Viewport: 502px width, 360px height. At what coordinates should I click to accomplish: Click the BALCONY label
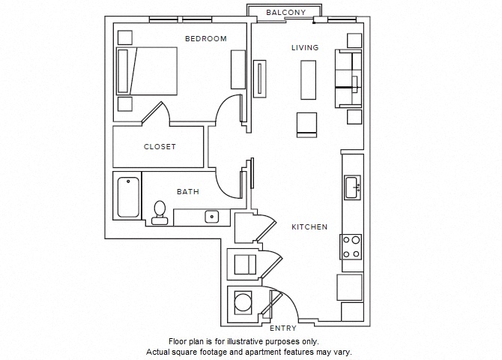(285, 12)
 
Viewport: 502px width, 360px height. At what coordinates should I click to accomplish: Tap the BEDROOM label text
(205, 39)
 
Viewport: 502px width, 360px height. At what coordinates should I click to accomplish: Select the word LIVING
(305, 48)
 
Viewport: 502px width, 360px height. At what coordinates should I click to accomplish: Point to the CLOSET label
(160, 147)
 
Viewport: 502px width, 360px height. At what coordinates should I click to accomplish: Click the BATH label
(187, 192)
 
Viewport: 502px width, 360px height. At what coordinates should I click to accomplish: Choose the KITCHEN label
(309, 226)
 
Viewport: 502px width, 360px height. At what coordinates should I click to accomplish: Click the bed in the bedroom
(147, 70)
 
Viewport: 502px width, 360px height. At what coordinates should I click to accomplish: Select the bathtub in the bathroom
(128, 196)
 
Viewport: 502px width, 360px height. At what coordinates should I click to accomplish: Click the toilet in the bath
(159, 211)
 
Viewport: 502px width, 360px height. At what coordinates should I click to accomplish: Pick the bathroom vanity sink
(212, 217)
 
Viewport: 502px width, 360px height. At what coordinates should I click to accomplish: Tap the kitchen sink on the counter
(352, 187)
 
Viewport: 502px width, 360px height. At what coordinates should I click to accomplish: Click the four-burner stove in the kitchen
(351, 247)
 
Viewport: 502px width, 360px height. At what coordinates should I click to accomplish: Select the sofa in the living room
(348, 78)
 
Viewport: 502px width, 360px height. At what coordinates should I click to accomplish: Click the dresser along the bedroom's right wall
(238, 71)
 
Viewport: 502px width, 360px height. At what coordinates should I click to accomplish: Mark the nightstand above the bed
(125, 37)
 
